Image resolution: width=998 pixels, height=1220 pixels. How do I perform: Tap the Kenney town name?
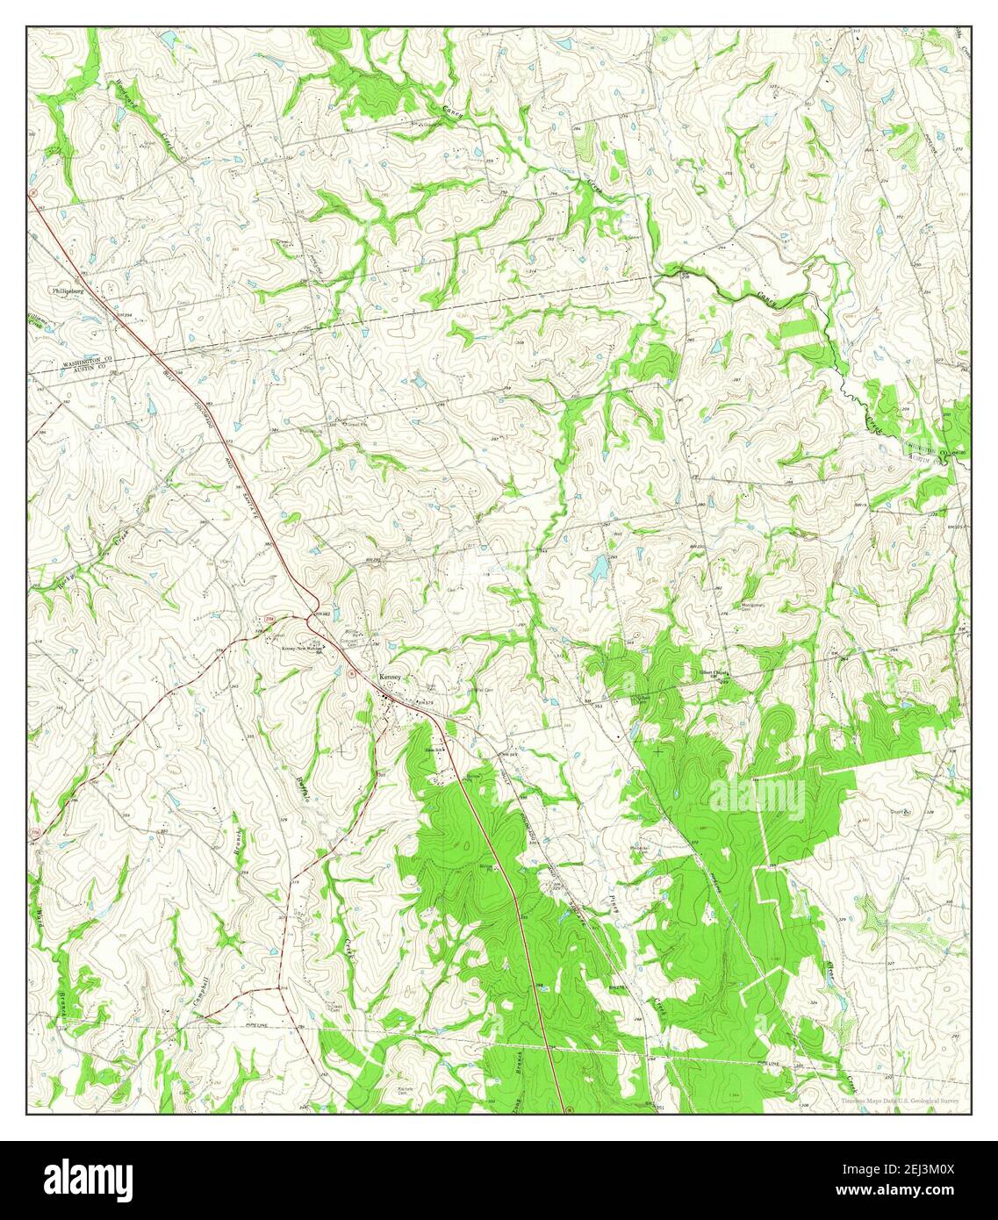pos(390,678)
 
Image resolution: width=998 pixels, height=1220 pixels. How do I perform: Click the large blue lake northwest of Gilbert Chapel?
pos(599,570)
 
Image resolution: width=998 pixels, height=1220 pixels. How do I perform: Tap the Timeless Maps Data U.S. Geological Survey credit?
pos(899,1101)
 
